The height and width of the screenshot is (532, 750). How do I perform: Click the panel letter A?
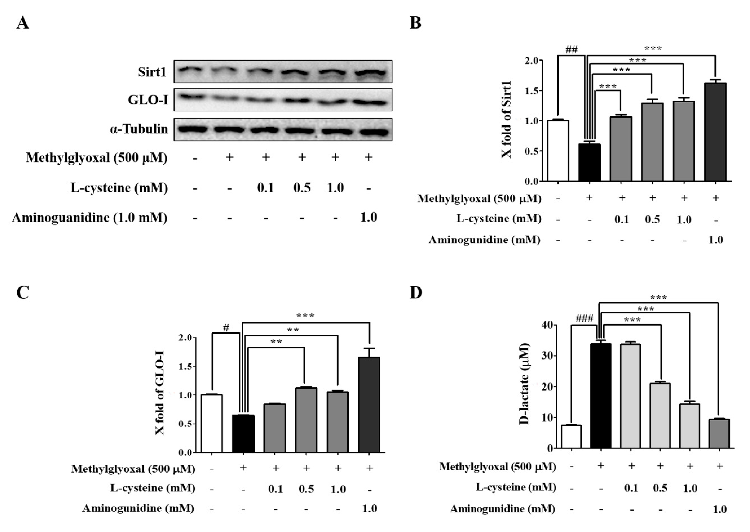pyautogui.click(x=23, y=23)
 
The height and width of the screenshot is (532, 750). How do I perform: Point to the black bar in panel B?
pyautogui.click(x=589, y=163)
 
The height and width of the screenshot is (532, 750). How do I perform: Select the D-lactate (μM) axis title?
pyautogui.click(x=524, y=384)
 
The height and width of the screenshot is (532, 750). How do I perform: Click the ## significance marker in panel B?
pyautogui.click(x=571, y=50)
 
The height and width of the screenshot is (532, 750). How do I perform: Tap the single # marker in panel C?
pyautogui.click(x=226, y=328)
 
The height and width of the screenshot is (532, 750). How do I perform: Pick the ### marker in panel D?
pyautogui.click(x=584, y=318)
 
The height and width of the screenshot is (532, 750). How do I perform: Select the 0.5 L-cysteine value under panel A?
pyautogui.click(x=302, y=188)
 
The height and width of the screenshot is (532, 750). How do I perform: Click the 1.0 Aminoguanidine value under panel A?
pyautogui.click(x=369, y=217)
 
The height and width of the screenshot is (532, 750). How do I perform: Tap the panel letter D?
pyautogui.click(x=416, y=292)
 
